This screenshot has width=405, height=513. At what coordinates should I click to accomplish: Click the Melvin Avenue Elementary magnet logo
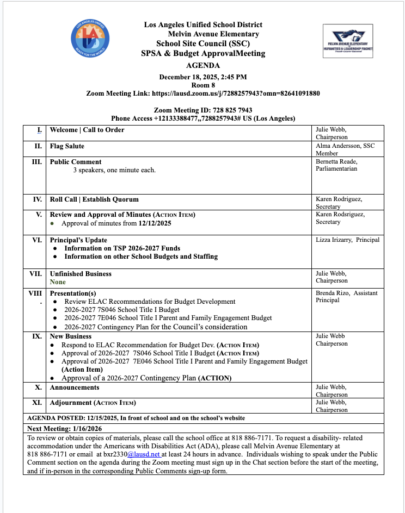(347, 41)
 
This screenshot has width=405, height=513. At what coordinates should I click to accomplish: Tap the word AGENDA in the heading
(202, 65)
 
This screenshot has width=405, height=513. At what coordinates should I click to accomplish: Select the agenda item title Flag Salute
(67, 146)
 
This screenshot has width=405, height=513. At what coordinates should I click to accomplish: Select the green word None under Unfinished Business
(58, 282)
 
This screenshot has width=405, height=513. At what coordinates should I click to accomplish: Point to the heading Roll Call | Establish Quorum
(94, 199)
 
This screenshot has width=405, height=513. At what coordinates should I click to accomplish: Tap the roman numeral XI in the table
(38, 403)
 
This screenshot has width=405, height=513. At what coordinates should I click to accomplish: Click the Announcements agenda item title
(75, 387)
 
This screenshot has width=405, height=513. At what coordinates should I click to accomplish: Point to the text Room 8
(202, 85)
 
